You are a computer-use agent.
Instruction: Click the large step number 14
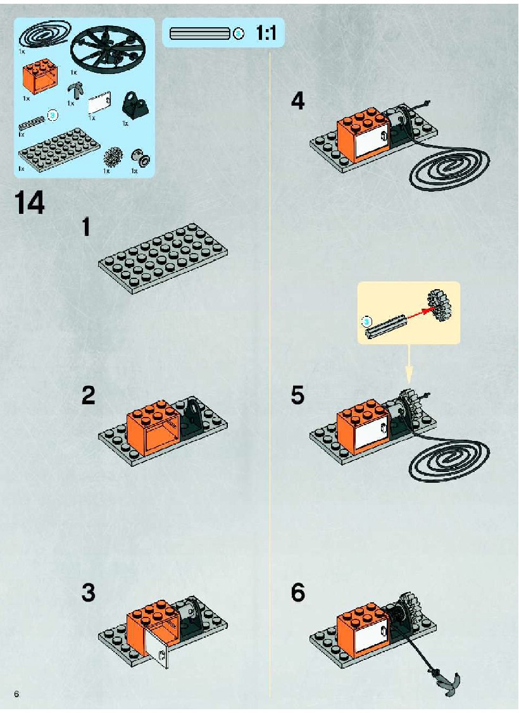click(30, 202)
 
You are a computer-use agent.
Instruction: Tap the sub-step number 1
click(86, 227)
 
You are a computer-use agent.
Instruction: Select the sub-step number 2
click(88, 395)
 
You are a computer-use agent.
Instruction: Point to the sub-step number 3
click(88, 593)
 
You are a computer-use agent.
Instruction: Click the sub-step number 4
click(298, 101)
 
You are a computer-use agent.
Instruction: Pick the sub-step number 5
click(297, 395)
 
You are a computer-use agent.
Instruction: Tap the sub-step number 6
click(298, 593)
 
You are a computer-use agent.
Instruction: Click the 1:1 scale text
click(266, 33)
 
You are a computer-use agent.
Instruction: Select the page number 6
click(17, 694)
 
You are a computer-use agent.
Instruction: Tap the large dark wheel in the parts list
click(108, 49)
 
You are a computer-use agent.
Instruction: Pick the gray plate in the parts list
click(59, 149)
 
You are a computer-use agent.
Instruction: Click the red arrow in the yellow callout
click(416, 314)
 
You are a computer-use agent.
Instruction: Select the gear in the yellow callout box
click(438, 302)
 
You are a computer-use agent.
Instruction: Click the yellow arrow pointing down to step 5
click(409, 363)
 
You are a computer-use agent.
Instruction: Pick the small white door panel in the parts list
click(100, 103)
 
